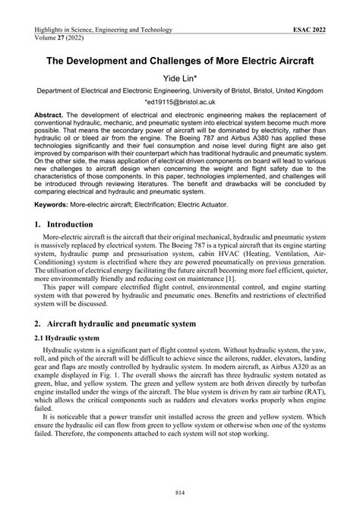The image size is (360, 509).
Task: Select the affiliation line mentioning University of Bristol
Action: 179,90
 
